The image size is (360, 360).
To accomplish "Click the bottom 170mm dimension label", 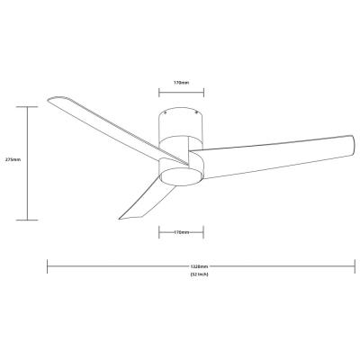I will (x=181, y=231).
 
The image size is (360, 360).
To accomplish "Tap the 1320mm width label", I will (x=199, y=266).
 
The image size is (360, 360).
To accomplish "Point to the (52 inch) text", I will (x=199, y=274).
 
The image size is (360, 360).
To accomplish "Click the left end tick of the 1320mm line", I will (x=47, y=266).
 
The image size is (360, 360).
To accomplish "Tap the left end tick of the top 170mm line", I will (x=159, y=90).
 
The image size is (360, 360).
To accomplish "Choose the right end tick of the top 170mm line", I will (x=203, y=90).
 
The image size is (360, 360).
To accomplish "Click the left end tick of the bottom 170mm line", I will (x=159, y=231).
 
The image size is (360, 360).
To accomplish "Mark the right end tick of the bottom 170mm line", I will (x=203, y=231).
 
